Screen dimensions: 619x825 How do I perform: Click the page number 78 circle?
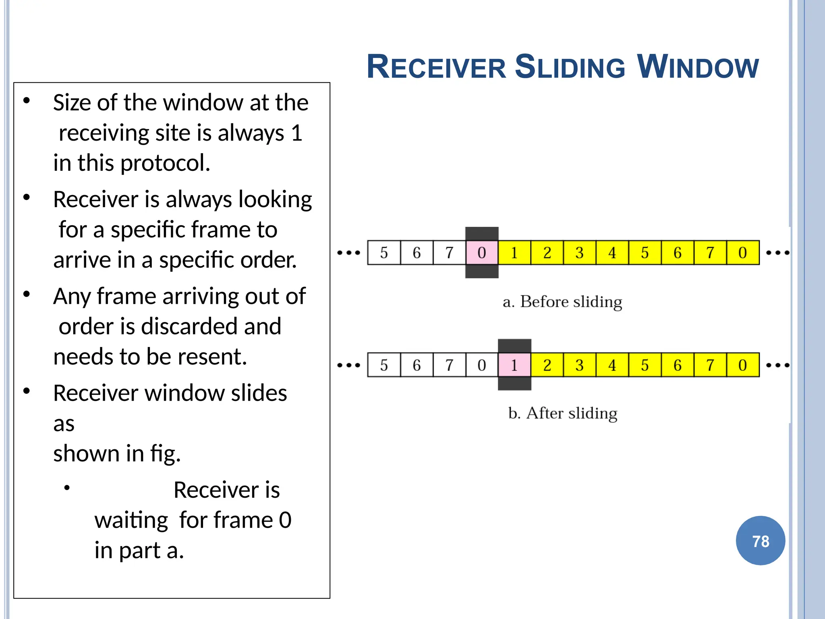pos(760,540)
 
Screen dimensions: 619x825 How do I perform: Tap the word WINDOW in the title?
pos(698,67)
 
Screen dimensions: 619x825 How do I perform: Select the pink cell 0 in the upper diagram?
pos(482,253)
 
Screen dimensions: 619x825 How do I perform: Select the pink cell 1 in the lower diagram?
pos(514,365)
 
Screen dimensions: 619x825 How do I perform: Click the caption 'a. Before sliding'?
pos(562,302)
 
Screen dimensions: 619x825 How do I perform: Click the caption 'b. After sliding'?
pos(562,413)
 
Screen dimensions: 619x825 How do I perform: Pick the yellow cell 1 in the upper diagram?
pos(514,253)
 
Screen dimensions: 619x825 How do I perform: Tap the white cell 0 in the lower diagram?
pos(482,365)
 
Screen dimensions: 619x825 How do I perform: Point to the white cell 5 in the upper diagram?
pos(384,253)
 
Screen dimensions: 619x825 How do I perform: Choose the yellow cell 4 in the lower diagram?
pos(612,365)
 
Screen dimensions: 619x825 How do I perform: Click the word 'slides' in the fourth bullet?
pos(259,393)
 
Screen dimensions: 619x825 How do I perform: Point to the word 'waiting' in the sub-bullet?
pos(131,520)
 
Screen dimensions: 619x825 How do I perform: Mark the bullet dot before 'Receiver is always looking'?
pos(27,197)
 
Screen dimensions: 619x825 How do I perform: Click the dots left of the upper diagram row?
pos(348,253)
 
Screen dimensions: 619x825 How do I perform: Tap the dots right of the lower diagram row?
pos(777,366)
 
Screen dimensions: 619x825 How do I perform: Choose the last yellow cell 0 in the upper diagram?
pos(743,253)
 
